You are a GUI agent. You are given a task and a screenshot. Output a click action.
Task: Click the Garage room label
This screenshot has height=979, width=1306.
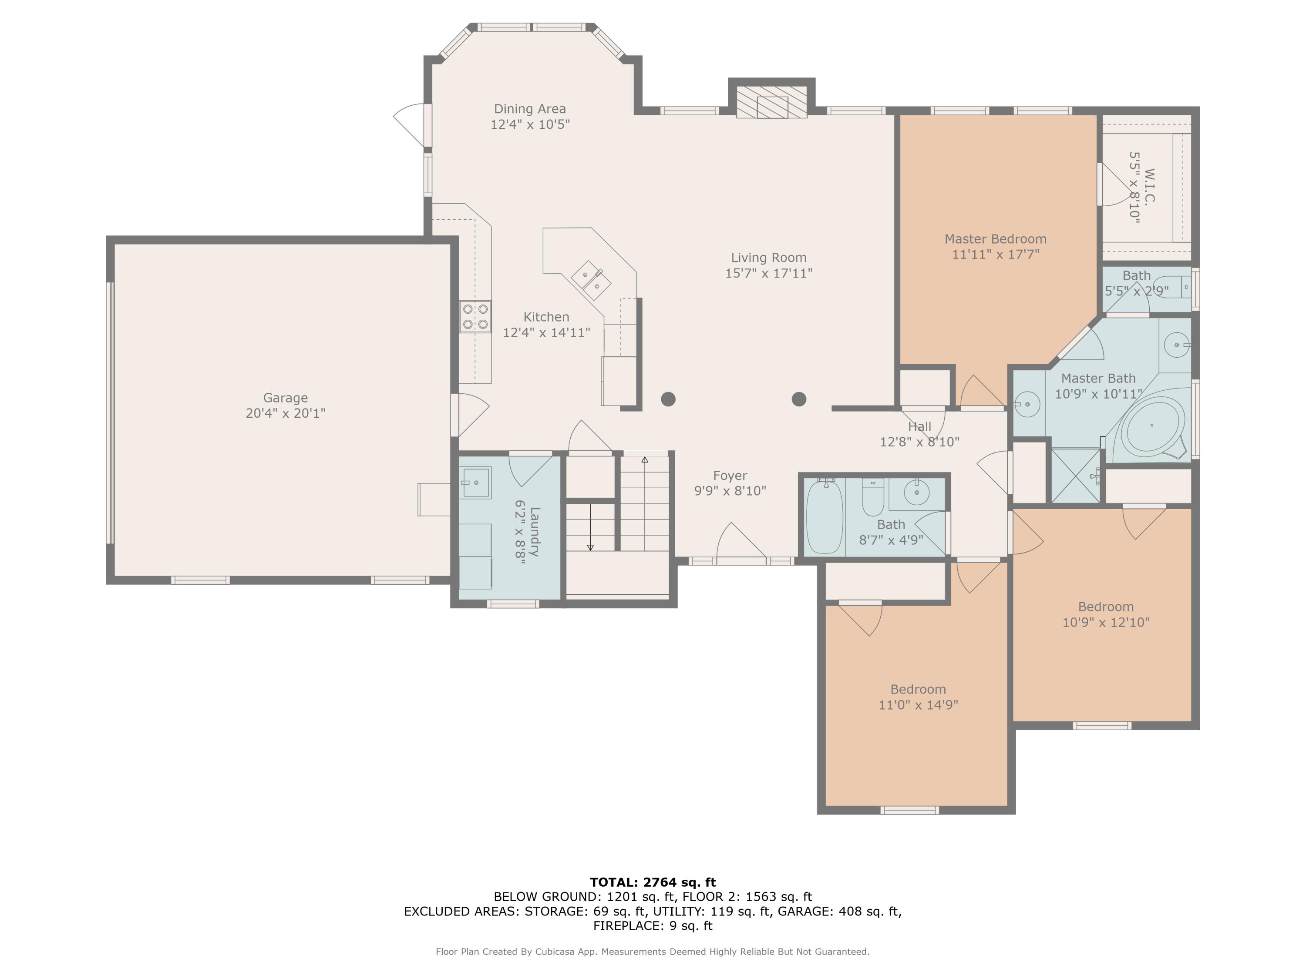pyautogui.click(x=286, y=398)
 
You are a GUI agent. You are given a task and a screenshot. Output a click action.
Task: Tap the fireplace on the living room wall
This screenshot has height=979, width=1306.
pyautogui.click(x=772, y=101)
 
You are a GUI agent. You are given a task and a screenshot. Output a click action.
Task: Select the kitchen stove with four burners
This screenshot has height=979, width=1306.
pyautogui.click(x=475, y=316)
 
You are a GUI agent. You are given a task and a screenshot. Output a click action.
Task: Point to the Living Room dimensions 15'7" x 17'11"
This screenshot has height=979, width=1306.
pyautogui.click(x=769, y=273)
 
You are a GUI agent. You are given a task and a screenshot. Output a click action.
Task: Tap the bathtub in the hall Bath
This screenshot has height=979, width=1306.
pyautogui.click(x=825, y=516)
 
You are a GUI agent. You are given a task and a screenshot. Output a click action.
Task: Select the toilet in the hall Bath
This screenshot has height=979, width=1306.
pyautogui.click(x=873, y=497)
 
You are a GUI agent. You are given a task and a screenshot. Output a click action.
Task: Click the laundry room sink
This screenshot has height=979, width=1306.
pyautogui.click(x=475, y=483)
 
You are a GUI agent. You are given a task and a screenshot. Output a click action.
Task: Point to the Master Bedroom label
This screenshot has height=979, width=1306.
pyautogui.click(x=996, y=239)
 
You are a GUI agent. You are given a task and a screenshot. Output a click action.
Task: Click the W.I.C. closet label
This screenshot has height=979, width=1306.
pyautogui.click(x=1149, y=187)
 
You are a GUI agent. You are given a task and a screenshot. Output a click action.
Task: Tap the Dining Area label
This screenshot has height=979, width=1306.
pyautogui.click(x=530, y=109)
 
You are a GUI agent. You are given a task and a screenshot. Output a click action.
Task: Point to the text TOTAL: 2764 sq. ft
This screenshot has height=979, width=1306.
pyautogui.click(x=653, y=882)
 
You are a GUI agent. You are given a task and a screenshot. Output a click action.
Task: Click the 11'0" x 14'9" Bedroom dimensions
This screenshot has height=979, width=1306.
pyautogui.click(x=918, y=704)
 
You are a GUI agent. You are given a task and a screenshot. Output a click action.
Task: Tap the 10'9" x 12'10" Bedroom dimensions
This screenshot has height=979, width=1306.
pyautogui.click(x=1106, y=622)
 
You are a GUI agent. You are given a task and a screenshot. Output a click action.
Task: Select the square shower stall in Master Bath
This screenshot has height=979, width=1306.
pyautogui.click(x=1076, y=476)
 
